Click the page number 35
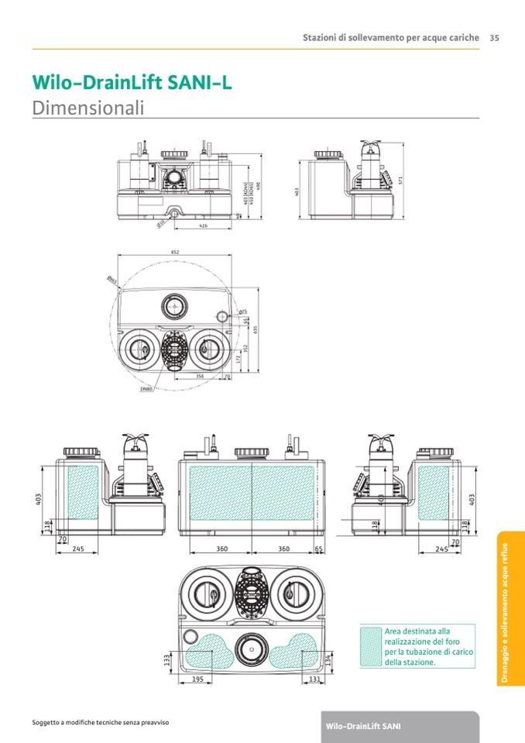494,37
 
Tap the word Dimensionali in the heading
88,108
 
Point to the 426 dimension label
203,225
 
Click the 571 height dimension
402,179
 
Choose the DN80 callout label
146,390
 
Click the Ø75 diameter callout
242,311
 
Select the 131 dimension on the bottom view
314,679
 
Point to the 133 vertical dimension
167,659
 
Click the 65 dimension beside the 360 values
319,549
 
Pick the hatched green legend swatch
371,645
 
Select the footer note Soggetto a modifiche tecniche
95,722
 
